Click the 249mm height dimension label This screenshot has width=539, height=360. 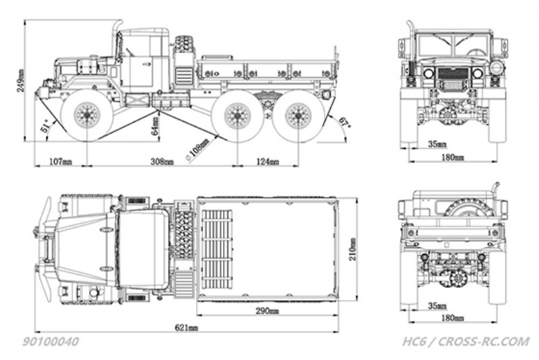pos(20,81)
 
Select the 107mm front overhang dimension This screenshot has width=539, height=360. pos(61,161)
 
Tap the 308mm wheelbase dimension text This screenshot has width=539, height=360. pos(162,161)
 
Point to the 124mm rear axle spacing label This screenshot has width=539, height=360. pos(267,161)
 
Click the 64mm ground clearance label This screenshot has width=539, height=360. pos(156,126)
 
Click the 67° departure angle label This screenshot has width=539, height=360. pos(344,123)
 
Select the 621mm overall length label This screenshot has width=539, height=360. pos(187,328)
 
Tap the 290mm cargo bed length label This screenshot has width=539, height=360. pos(267,311)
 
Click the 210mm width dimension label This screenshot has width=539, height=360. pos(352,249)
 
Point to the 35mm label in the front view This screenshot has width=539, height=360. pos(437,144)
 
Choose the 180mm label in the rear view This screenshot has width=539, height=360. pos(452,318)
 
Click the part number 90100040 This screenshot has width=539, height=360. pos(51,341)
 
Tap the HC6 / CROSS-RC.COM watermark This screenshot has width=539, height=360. pos(466,341)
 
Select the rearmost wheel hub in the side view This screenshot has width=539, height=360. pos(298,115)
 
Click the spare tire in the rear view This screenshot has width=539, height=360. pos(469,208)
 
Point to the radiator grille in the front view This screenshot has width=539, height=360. pos(453,73)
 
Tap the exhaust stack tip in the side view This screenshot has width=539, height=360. pos(119,22)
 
